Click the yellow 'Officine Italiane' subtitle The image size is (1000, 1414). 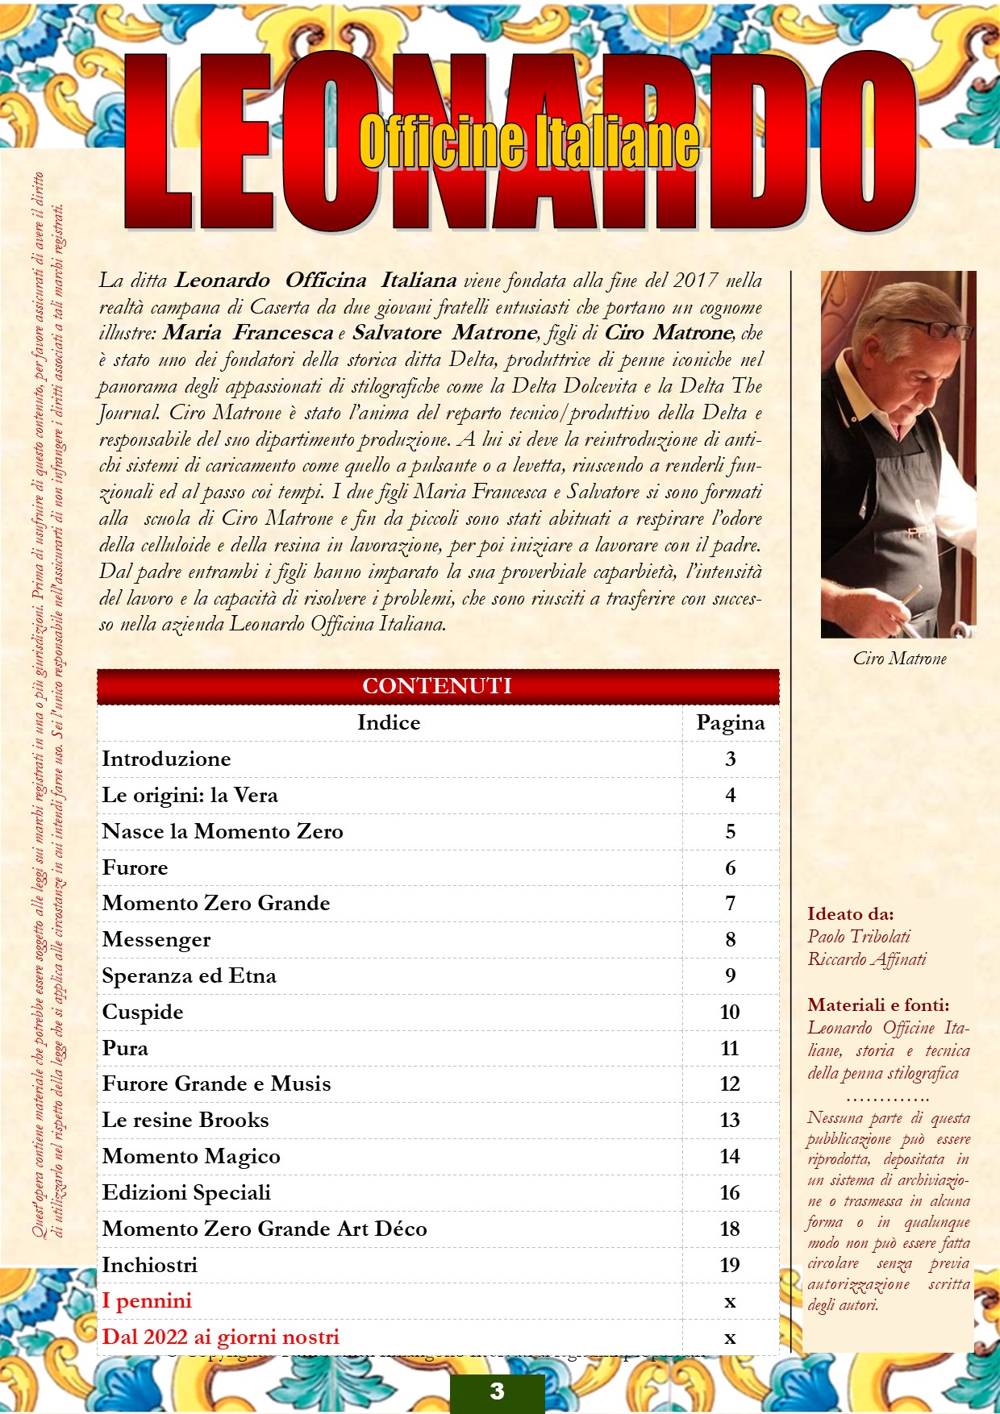[x=529, y=141]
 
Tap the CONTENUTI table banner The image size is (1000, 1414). [x=437, y=686]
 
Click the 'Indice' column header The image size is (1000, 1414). [x=389, y=722]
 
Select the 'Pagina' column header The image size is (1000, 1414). [x=730, y=722]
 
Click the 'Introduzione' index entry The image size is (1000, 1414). [x=166, y=759]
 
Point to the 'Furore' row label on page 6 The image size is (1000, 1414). [x=135, y=867]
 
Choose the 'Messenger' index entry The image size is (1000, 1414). [x=156, y=939]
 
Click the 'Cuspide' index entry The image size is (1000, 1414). [x=143, y=1012]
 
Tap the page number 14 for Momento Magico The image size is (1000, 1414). [x=729, y=1156]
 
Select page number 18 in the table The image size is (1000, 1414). [x=729, y=1229]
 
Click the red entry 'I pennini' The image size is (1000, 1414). [x=147, y=1300]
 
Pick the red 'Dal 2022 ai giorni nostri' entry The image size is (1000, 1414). [x=220, y=1337]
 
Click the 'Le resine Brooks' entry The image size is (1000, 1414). [x=185, y=1120]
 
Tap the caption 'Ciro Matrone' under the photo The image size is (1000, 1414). [x=899, y=659]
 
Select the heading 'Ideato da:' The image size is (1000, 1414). [x=850, y=913]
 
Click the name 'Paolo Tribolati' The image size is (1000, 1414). [x=858, y=936]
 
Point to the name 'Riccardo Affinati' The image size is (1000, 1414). [x=867, y=959]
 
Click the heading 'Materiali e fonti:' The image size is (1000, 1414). [x=878, y=1004]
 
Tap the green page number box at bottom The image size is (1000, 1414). [x=497, y=1391]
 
